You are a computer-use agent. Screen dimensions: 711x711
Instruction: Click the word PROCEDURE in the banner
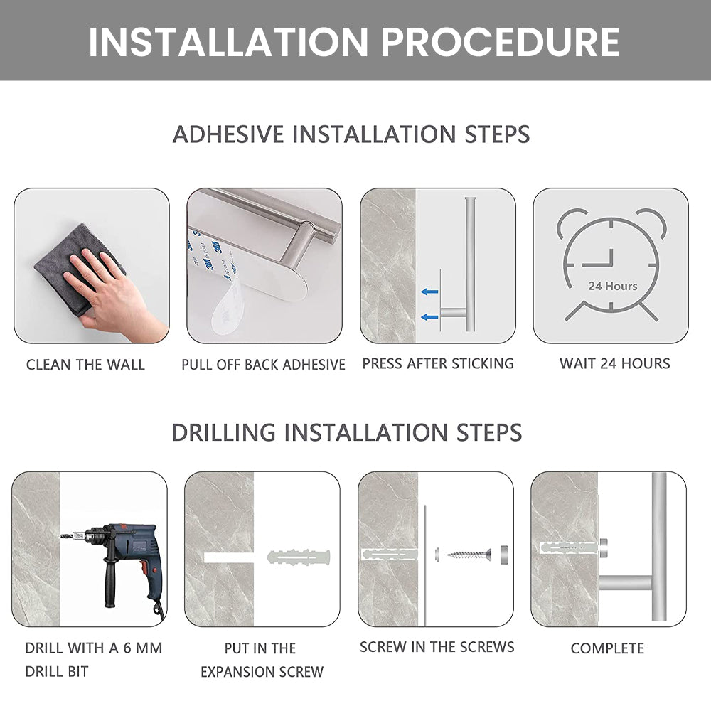[500, 42]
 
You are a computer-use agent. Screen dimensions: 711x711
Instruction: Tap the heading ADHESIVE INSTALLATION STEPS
[351, 134]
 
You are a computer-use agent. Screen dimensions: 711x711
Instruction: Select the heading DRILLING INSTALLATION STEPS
[347, 432]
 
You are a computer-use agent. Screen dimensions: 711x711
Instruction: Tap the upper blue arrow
[429, 292]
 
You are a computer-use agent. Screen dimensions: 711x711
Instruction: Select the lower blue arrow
[429, 317]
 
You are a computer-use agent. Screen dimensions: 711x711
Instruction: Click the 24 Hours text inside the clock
[613, 286]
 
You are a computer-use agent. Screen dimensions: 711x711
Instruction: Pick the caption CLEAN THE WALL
[85, 365]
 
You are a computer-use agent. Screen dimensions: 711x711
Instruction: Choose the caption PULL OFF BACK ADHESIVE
[264, 365]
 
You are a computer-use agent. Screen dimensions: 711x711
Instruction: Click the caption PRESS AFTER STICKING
[438, 363]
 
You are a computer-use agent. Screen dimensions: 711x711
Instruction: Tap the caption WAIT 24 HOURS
[614, 363]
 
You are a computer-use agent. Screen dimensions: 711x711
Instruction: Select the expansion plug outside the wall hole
[299, 557]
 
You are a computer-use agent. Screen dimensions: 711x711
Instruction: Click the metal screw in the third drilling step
[469, 554]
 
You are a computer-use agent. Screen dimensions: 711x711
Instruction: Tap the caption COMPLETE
[607, 648]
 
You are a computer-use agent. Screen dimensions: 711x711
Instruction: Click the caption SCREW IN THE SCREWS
[437, 647]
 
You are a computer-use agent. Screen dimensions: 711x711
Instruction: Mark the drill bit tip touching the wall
[61, 536]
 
